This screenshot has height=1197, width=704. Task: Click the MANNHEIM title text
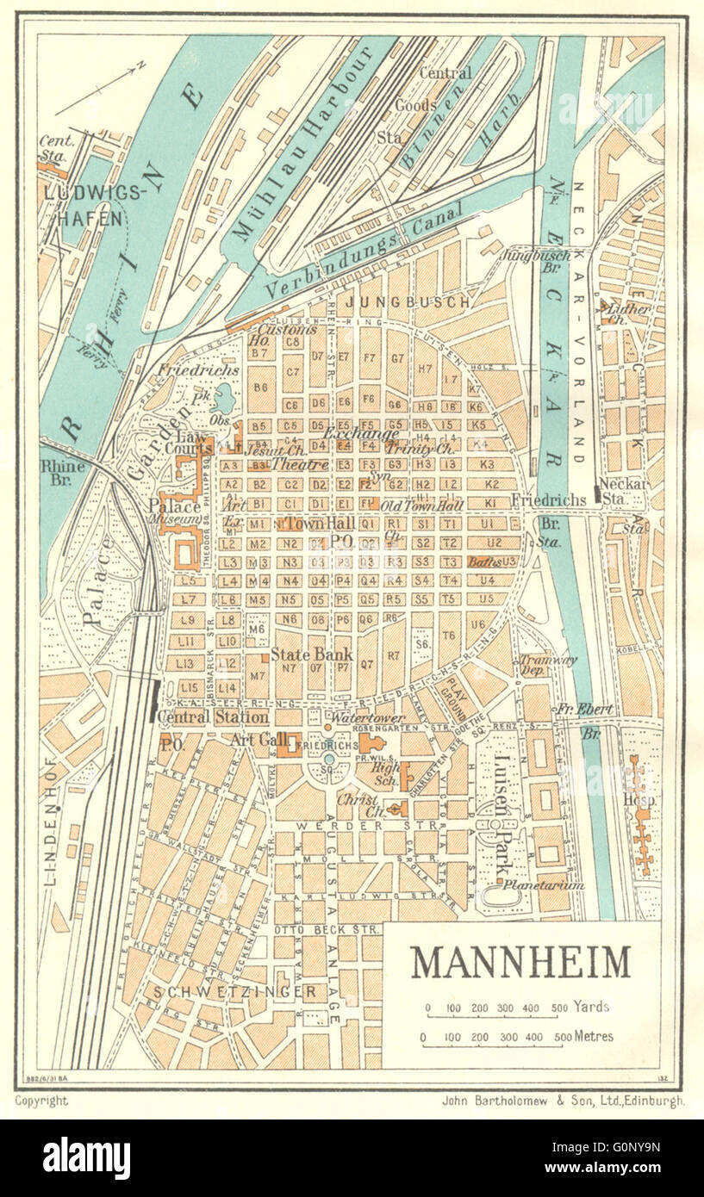coord(520,962)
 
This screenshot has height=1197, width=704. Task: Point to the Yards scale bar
coord(497,1016)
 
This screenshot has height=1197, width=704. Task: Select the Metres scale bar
coord(497,1045)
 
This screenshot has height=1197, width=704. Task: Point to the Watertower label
coord(362,716)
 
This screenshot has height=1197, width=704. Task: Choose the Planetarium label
coord(544,884)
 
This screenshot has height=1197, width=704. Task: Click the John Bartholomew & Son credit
coord(562,1100)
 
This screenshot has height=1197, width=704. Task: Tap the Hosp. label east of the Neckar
coord(642,800)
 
